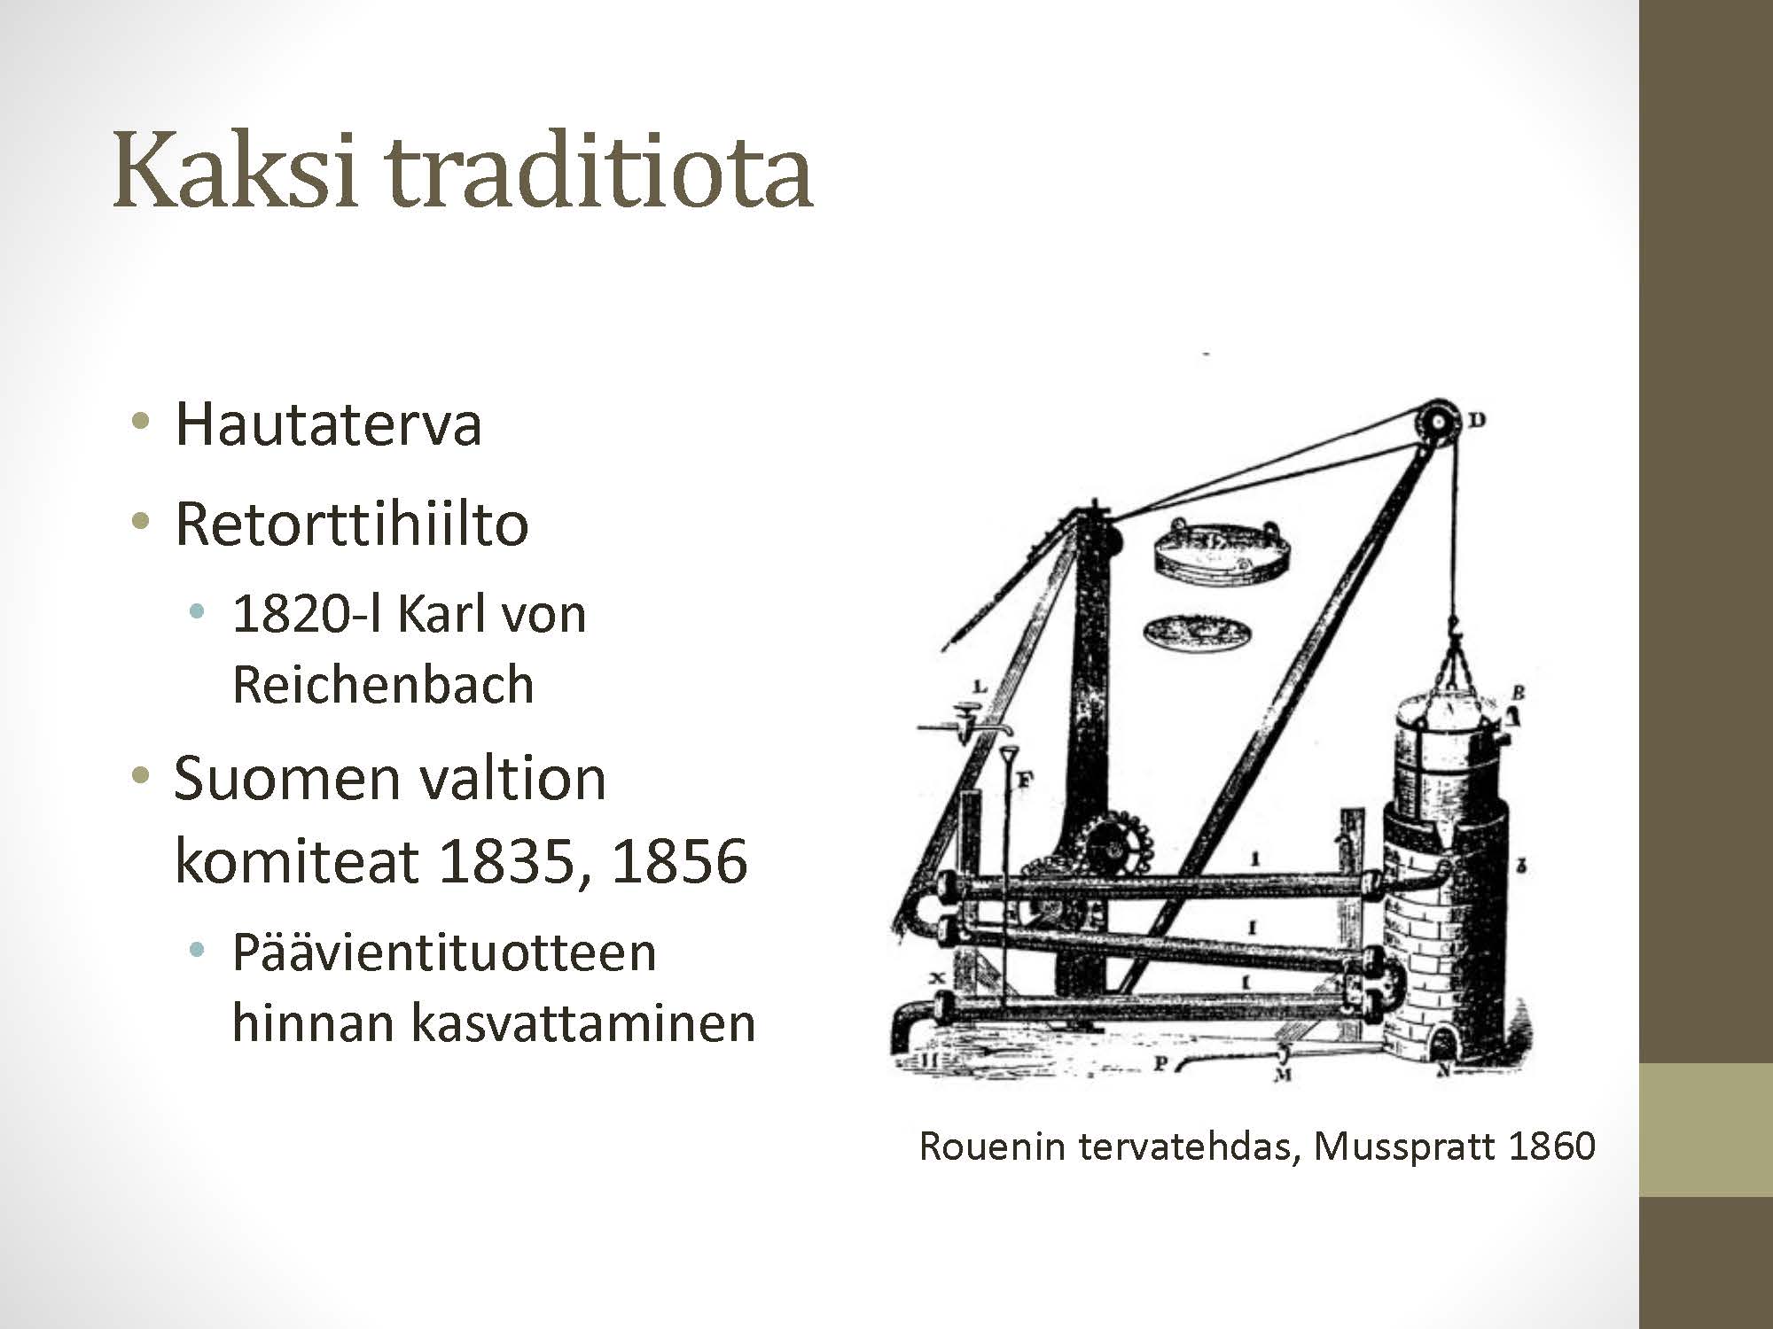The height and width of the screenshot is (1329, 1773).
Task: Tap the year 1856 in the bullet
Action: pos(679,859)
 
